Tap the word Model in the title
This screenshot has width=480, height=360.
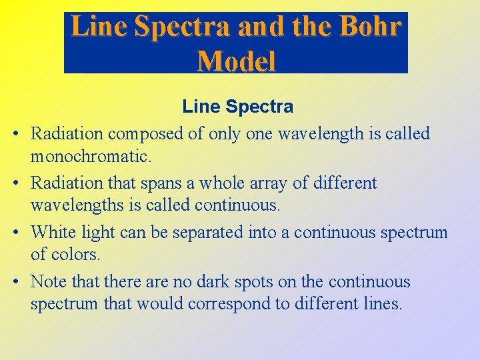pos(236,61)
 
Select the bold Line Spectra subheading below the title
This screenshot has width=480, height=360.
pos(238,107)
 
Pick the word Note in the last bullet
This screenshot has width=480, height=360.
pos(49,281)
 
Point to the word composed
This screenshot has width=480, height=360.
pos(147,134)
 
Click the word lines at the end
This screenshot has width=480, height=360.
pos(381,305)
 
